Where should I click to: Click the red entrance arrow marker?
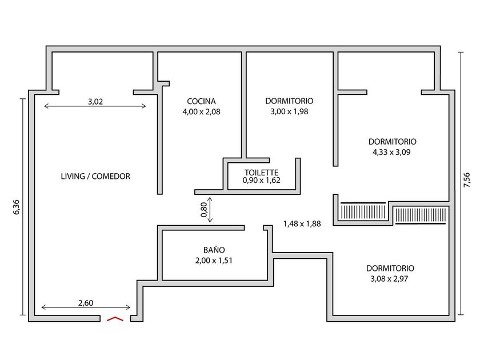(x=115, y=319)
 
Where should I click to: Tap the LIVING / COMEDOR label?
(x=95, y=177)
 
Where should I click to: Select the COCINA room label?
(x=201, y=101)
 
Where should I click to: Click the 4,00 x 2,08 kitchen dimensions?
(x=201, y=112)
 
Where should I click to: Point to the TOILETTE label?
(x=262, y=173)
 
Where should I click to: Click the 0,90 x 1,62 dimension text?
(x=262, y=181)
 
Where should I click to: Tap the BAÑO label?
(x=214, y=250)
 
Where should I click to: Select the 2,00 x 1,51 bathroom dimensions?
(x=214, y=261)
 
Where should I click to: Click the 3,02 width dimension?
(x=95, y=101)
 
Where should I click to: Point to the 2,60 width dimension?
(x=86, y=303)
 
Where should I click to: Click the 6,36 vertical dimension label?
(x=16, y=207)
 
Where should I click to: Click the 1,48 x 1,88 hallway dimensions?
(x=302, y=224)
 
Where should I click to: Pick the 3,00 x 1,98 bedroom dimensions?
(x=289, y=111)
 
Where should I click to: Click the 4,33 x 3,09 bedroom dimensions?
(x=391, y=152)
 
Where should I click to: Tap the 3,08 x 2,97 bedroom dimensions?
(x=389, y=279)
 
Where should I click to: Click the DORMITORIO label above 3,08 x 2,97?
(x=390, y=268)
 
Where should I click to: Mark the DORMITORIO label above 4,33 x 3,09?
(x=393, y=142)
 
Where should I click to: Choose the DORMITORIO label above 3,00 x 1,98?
(x=289, y=101)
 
